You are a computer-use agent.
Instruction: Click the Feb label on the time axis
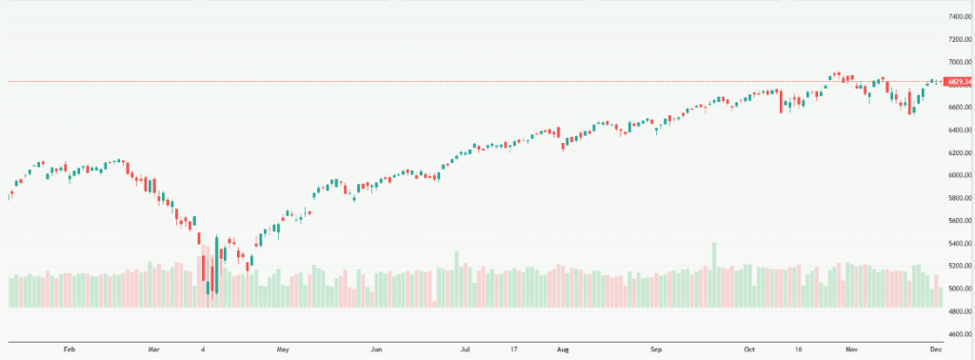[x=69, y=350]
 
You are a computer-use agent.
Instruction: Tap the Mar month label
[x=154, y=350]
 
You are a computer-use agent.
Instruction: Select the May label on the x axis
[x=282, y=350]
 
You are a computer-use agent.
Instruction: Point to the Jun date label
[x=376, y=350]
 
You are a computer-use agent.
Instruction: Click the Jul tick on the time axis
[x=466, y=350]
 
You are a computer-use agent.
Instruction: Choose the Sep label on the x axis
[x=657, y=350]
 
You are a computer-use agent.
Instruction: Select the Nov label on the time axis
[x=852, y=350]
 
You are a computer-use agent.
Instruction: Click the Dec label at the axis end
[x=936, y=350]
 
